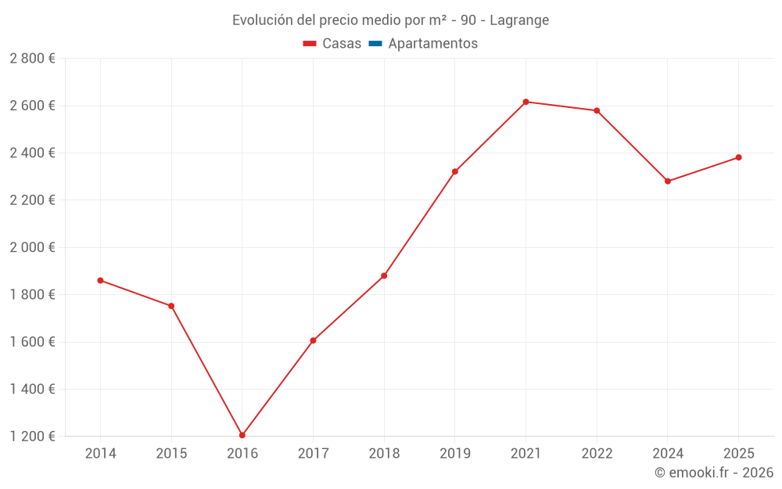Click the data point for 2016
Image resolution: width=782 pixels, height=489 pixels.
point(242,435)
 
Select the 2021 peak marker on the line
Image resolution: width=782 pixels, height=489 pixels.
point(526,102)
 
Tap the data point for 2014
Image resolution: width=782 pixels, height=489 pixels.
point(100,280)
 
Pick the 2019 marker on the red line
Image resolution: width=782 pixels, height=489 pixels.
point(455,171)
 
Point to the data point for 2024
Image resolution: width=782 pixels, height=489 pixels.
point(668,182)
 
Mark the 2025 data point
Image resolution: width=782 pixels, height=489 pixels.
point(738,157)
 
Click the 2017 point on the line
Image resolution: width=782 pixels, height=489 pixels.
point(313,340)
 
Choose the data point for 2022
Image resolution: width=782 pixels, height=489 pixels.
point(597,110)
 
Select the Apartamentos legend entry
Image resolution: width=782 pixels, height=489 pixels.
point(432,44)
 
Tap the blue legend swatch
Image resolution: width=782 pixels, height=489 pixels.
point(375,44)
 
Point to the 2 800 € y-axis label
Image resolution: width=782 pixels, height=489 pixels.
point(32,59)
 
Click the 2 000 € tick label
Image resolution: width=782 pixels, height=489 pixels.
point(32,247)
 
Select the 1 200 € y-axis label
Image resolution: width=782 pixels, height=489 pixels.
point(32,437)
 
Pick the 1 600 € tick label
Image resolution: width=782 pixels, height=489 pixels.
point(32,342)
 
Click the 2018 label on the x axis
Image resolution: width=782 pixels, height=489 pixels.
point(384,454)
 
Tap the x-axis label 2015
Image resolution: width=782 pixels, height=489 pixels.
point(171,454)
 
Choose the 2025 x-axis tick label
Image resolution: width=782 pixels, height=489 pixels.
point(738,454)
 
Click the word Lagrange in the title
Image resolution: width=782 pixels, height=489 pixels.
point(519,20)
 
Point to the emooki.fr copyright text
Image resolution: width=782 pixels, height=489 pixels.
point(714,473)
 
